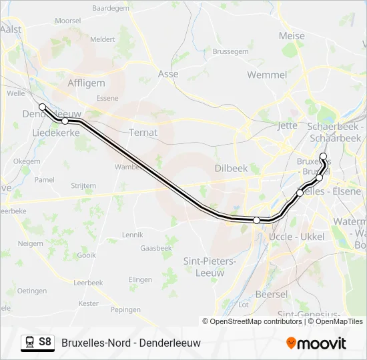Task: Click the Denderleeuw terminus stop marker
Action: (x=43, y=107)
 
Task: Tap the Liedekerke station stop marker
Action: (x=65, y=121)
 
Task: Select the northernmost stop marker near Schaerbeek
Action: (x=324, y=157)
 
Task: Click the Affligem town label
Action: (x=86, y=83)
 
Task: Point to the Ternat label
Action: (x=143, y=132)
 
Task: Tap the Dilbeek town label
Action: (x=231, y=169)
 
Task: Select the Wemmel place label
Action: (x=267, y=75)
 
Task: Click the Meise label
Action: (x=292, y=36)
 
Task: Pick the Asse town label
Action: (x=168, y=74)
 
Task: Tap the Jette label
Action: (x=287, y=125)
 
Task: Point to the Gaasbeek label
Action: (x=156, y=248)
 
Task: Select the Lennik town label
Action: (x=133, y=235)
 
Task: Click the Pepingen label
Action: (x=125, y=310)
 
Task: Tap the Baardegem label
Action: (x=111, y=9)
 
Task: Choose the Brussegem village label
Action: (x=230, y=51)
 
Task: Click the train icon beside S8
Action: (x=29, y=342)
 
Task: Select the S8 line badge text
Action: (x=45, y=342)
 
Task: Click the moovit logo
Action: (x=316, y=343)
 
